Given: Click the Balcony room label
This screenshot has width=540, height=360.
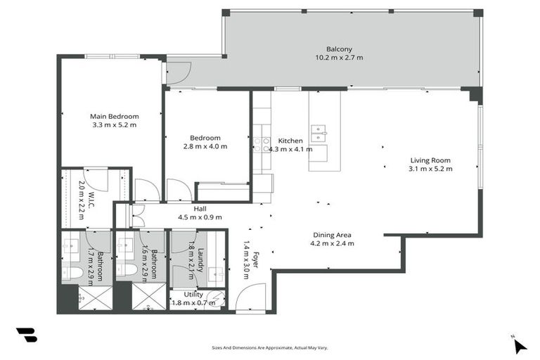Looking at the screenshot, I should coord(339,49).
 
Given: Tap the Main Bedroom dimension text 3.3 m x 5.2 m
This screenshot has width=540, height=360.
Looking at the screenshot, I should coord(114,125).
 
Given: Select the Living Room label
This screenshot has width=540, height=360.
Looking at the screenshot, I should coord(431,160).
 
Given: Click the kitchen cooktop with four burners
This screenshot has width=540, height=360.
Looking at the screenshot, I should coord(261,144).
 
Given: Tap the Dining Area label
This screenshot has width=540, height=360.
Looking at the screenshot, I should coord(333,235).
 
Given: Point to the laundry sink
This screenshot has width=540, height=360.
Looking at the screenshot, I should coord(217,271).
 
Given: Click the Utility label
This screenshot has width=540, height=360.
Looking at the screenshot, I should coord(193,295).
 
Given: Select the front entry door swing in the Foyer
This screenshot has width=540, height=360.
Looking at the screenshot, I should coord(250,298).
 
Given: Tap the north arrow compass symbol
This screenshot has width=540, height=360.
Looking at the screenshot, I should coord(518,345).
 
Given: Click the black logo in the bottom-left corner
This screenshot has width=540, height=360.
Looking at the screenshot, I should coord(26,335).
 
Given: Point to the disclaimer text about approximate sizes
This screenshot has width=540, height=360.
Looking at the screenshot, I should coord(269,347).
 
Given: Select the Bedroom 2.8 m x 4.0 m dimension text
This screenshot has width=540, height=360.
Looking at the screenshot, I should coord(205,147).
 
